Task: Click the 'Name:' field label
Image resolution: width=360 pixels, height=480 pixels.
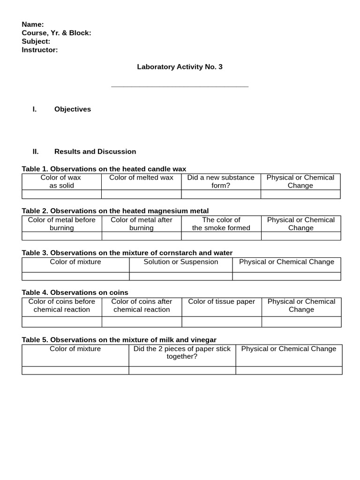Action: (x=33, y=24)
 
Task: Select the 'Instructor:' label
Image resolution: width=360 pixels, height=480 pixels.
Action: (x=40, y=50)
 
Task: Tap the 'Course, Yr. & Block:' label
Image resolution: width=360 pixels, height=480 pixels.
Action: (x=56, y=33)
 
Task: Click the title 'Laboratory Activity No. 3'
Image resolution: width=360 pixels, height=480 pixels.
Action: (x=180, y=67)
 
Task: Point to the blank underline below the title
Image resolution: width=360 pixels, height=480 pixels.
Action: (x=180, y=86)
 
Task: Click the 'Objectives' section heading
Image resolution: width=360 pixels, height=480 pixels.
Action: (x=73, y=109)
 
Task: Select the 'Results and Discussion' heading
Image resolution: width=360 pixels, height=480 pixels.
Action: (x=95, y=151)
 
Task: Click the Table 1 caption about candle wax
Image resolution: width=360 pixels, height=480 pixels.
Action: (x=104, y=169)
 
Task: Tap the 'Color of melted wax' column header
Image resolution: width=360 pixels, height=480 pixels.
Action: (x=141, y=178)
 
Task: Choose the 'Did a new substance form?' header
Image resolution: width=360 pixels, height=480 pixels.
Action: (x=221, y=181)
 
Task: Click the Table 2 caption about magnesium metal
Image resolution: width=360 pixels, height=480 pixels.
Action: (x=115, y=211)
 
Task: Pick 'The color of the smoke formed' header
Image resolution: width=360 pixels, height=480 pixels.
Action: (x=221, y=224)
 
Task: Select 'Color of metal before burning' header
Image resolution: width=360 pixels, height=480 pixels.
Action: (x=61, y=224)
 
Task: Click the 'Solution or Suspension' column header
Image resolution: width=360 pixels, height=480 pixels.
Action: (x=180, y=262)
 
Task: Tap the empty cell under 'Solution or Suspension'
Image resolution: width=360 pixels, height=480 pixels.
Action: (x=180, y=276)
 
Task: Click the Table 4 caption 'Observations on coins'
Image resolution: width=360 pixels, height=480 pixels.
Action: (x=75, y=292)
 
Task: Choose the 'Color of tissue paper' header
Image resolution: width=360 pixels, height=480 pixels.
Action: (x=221, y=302)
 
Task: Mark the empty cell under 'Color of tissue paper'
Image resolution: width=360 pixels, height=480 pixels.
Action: (x=221, y=322)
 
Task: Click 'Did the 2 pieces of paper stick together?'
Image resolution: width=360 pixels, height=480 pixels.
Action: (x=182, y=352)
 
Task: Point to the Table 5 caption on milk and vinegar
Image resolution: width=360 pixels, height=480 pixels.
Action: (x=119, y=340)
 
